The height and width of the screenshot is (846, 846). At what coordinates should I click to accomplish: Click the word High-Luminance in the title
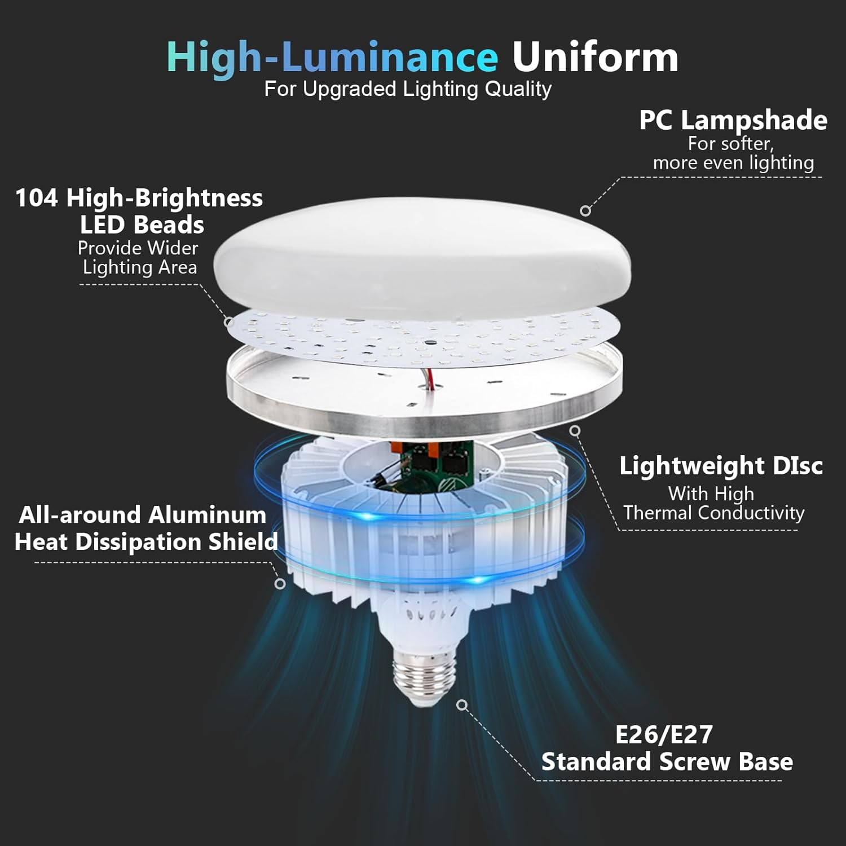332,58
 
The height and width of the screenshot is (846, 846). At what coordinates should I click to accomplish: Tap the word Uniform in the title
594,58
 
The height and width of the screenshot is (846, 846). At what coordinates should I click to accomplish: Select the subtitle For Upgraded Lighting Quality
408,89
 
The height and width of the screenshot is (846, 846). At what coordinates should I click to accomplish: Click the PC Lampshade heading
733,120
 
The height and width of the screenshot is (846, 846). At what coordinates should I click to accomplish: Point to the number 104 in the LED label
36,198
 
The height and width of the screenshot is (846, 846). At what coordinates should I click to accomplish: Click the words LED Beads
142,225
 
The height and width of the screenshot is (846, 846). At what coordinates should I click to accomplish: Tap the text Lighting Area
140,267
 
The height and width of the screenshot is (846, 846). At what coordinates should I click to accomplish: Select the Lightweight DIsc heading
721,466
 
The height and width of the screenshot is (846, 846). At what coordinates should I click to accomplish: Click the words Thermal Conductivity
713,513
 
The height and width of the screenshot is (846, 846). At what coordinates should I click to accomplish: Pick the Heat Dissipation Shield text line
146,542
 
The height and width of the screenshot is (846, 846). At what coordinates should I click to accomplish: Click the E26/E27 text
664,734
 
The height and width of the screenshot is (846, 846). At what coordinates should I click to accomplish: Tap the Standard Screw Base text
667,762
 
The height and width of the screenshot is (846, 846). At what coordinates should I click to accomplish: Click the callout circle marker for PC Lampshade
585,211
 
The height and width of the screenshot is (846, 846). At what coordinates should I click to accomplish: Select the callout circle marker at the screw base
462,705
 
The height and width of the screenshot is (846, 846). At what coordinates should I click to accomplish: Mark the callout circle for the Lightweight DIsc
575,431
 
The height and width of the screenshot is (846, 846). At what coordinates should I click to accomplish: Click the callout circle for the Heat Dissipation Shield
280,584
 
